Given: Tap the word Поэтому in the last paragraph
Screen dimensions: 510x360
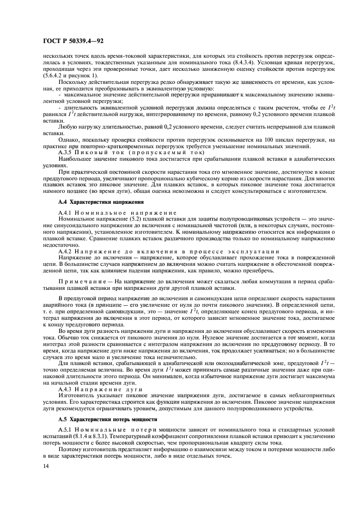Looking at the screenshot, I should pos(69,451).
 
